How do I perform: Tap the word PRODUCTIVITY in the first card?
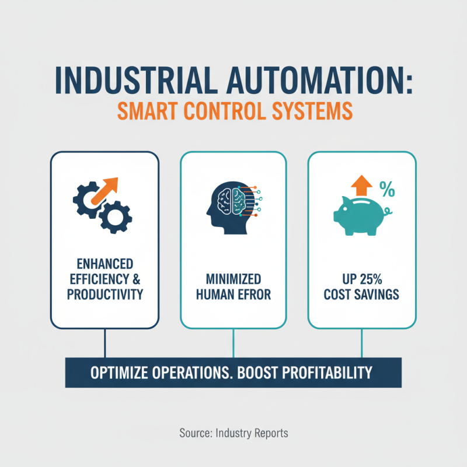(105, 294)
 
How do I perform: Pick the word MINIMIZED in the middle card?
(233, 278)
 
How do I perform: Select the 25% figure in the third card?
(368, 278)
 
